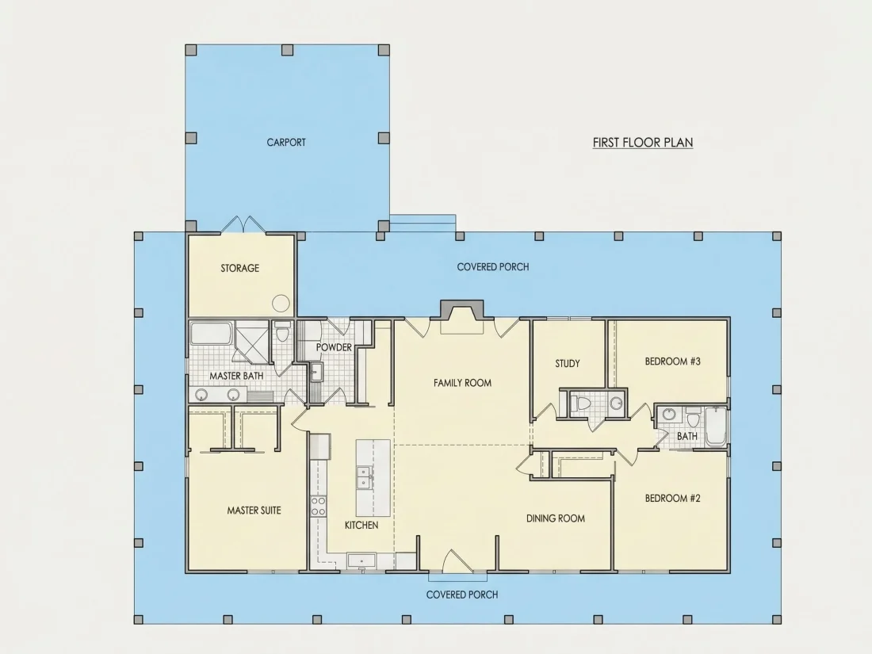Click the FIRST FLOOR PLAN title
click(642, 143)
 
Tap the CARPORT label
click(286, 143)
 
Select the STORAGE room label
click(239, 268)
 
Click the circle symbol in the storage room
click(281, 303)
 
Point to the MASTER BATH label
click(236, 376)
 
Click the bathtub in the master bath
click(212, 333)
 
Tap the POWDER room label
click(334, 347)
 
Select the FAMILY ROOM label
click(462, 383)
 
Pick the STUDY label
click(568, 364)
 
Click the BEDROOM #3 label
click(672, 361)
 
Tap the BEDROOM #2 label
click(672, 499)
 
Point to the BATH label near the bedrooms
click(687, 437)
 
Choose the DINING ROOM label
click(556, 518)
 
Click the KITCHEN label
click(361, 525)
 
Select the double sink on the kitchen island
click(365, 477)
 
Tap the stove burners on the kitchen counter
click(318, 506)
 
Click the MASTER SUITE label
click(254, 511)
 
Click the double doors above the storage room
click(243, 224)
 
